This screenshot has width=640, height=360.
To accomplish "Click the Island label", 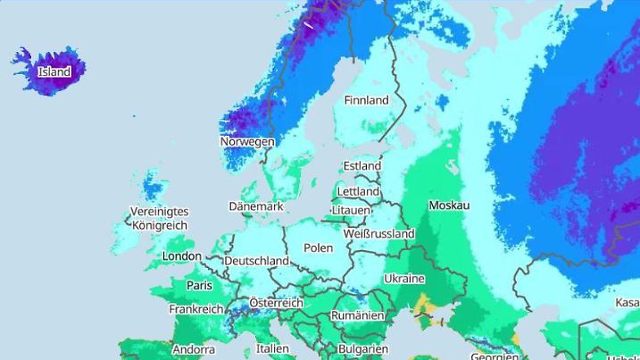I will pyautogui.click(x=54, y=71).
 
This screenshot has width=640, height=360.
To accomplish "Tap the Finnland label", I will pyautogui.click(x=366, y=101).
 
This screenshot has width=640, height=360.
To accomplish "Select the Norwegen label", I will pyautogui.click(x=247, y=142).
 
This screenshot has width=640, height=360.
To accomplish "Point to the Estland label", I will pyautogui.click(x=362, y=166).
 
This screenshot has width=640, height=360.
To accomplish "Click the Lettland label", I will pyautogui.click(x=358, y=192).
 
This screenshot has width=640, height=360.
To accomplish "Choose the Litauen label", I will pyautogui.click(x=350, y=210).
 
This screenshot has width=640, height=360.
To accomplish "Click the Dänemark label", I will pyautogui.click(x=256, y=206).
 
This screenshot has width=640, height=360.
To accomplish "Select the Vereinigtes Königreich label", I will pyautogui.click(x=160, y=219).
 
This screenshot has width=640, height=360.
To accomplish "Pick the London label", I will pyautogui.click(x=182, y=256).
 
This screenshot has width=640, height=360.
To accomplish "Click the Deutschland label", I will pyautogui.click(x=256, y=261).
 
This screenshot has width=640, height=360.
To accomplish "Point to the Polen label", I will pyautogui.click(x=318, y=247).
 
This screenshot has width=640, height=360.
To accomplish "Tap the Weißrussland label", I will pyautogui.click(x=378, y=234).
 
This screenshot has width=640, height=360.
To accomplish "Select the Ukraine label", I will pyautogui.click(x=403, y=279).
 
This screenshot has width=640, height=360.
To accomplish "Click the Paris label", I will pyautogui.click(x=199, y=286).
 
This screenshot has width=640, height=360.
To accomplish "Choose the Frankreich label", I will pyautogui.click(x=195, y=309).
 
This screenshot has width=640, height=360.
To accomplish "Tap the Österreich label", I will pyautogui.click(x=276, y=303).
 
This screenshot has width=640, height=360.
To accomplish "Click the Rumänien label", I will pyautogui.click(x=357, y=316).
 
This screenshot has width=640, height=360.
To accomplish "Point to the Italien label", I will pyautogui.click(x=272, y=348).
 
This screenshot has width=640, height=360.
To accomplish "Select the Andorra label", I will pyautogui.click(x=193, y=349).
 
